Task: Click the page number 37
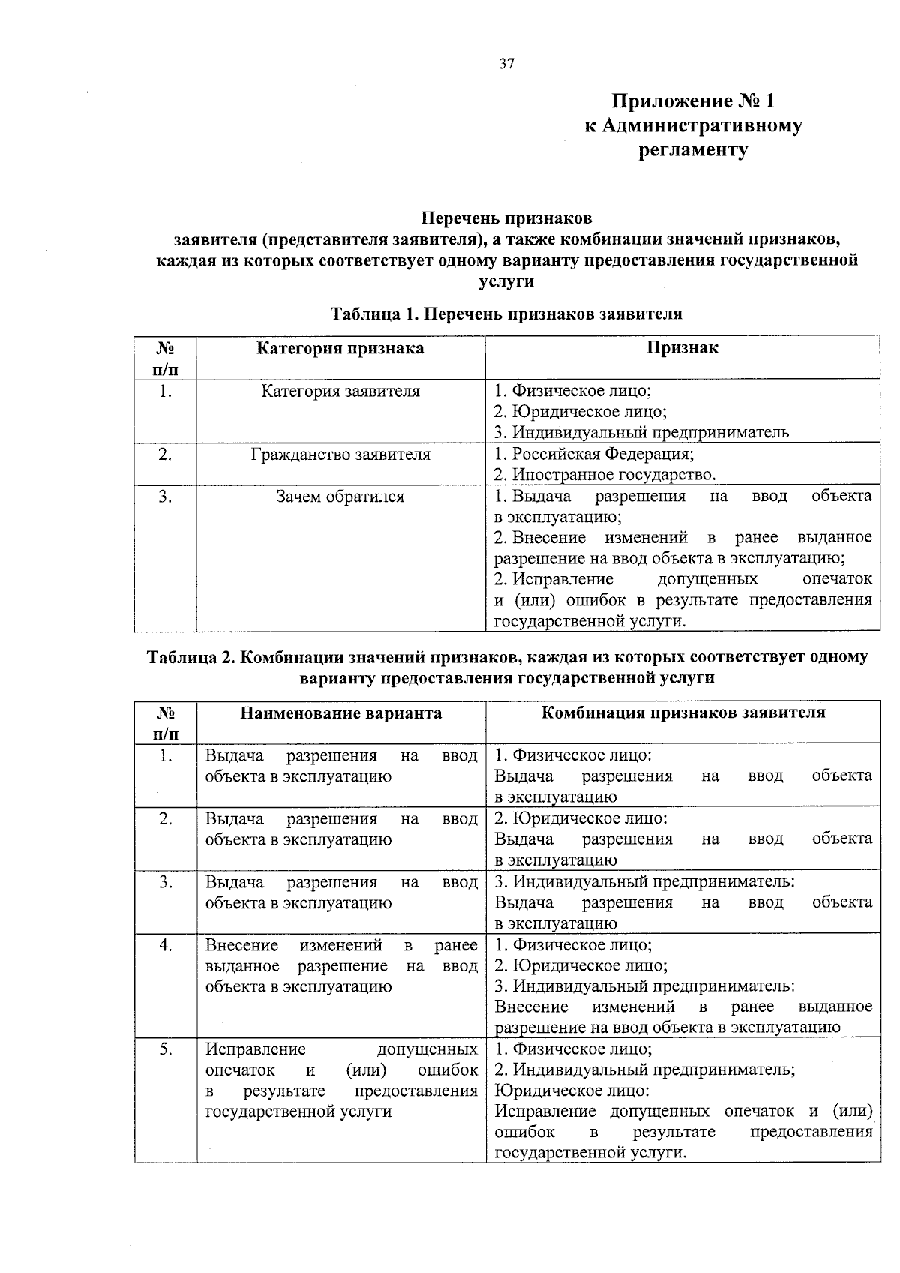pos(506,64)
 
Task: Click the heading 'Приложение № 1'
pos(692,101)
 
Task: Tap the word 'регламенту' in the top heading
pos(692,150)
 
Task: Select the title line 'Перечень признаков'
pos(506,218)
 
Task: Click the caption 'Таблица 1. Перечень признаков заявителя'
pos(506,314)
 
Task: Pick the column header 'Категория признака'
pos(340,348)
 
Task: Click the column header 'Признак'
pos(682,347)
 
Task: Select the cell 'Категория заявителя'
pos(340,391)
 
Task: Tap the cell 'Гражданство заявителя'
pos(340,455)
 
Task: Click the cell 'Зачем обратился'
pos(340,497)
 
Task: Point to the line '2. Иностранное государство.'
pos(604,475)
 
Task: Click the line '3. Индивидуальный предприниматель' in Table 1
pos(641,432)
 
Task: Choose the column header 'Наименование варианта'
pos(340,713)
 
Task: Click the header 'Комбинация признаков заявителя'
pos(682,713)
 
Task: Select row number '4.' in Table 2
pos(166,945)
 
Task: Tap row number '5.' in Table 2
pos(166,1049)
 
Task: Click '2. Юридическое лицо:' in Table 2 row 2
pos(580,818)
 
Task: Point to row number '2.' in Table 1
pos(166,455)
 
